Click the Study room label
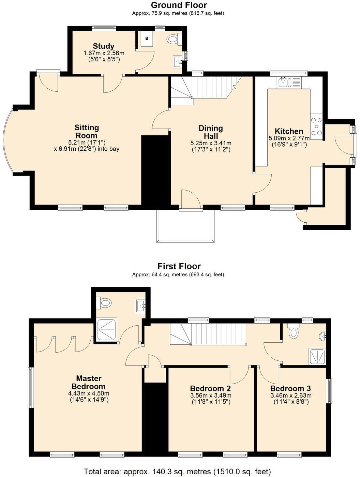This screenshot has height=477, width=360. pos(104,46)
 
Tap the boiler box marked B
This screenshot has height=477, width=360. pos(147,39)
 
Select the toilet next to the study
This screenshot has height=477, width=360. pos(174,39)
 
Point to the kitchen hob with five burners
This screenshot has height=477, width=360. pos(316,127)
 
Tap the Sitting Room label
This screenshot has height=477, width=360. pos(87,132)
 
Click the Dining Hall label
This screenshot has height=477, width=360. pos(211,132)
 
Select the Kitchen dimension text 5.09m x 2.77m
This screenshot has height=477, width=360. pos(289,138)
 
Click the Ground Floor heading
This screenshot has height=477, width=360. pos(179,5)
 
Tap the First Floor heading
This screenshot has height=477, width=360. pos(179,266)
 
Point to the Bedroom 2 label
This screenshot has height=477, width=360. pos(210,388)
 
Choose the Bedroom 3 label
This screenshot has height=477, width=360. pos(290,388)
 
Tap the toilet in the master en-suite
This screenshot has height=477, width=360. pos(104,302)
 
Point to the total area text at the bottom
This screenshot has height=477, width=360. pos(177,470)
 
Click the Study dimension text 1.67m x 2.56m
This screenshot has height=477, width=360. pos(104,53)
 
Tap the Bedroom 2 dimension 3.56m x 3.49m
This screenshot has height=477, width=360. pos(211,395)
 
